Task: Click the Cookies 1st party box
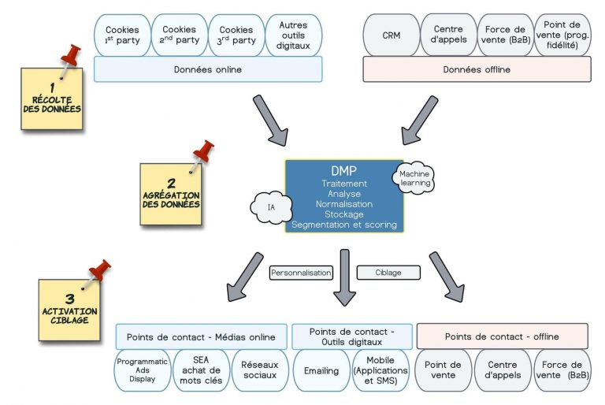click(121, 35)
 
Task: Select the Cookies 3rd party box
click(236, 35)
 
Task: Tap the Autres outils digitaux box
click(293, 35)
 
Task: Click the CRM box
click(391, 35)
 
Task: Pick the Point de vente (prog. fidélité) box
click(562, 35)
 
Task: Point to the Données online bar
click(208, 69)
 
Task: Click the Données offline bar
click(477, 69)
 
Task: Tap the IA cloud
click(271, 208)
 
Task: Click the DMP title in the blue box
click(344, 171)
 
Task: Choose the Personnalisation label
click(301, 273)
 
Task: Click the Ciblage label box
click(388, 273)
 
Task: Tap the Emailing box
click(321, 370)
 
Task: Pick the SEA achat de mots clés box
click(202, 370)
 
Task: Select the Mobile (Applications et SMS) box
click(381, 370)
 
